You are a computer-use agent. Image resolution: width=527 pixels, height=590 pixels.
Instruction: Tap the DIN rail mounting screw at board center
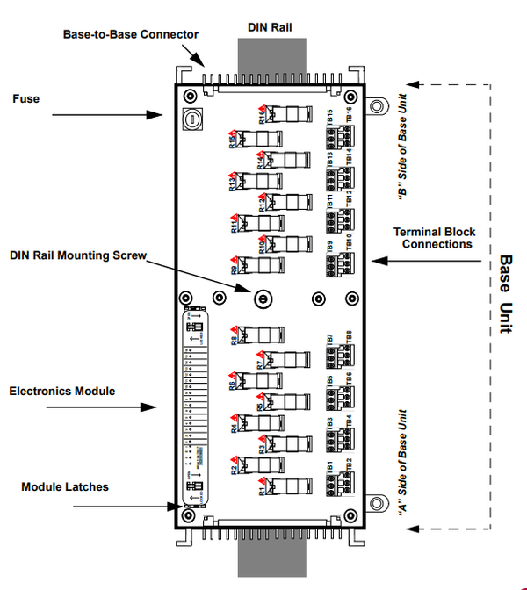point(261,299)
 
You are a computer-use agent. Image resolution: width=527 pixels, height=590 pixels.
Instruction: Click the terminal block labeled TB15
point(337,126)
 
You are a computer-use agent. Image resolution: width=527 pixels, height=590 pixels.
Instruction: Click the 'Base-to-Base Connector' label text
point(131,34)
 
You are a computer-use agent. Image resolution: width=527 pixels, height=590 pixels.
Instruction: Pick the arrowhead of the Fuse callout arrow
point(159,114)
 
